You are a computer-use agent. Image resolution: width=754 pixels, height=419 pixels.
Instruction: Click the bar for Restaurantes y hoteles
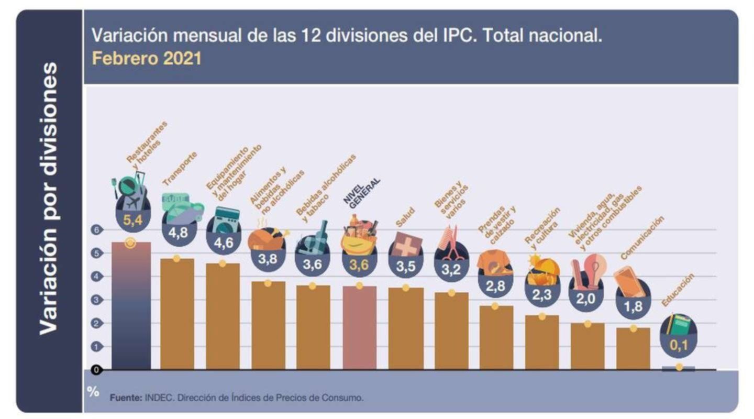(x=131, y=306)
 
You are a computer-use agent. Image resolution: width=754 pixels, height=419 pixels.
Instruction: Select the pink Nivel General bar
(x=359, y=327)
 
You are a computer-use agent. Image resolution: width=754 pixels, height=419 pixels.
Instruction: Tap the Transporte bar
(x=176, y=314)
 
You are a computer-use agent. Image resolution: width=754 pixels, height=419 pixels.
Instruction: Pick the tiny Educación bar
(x=679, y=369)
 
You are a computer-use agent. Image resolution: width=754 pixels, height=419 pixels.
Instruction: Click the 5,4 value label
(x=132, y=220)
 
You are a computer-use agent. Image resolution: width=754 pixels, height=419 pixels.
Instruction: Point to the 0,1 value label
(x=680, y=345)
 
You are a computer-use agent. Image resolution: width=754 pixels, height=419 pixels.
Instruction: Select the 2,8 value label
(x=495, y=286)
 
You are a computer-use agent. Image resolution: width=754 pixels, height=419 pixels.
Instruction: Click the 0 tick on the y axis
(x=97, y=370)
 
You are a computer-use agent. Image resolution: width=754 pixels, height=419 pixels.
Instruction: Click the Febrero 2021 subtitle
(x=147, y=58)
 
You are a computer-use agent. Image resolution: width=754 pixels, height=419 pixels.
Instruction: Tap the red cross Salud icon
(x=406, y=245)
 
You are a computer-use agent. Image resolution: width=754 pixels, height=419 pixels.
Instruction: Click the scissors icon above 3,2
(x=451, y=243)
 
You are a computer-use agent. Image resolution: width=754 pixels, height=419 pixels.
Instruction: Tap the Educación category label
(x=678, y=290)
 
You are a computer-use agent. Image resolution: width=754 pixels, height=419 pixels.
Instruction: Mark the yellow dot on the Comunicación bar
(x=633, y=328)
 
